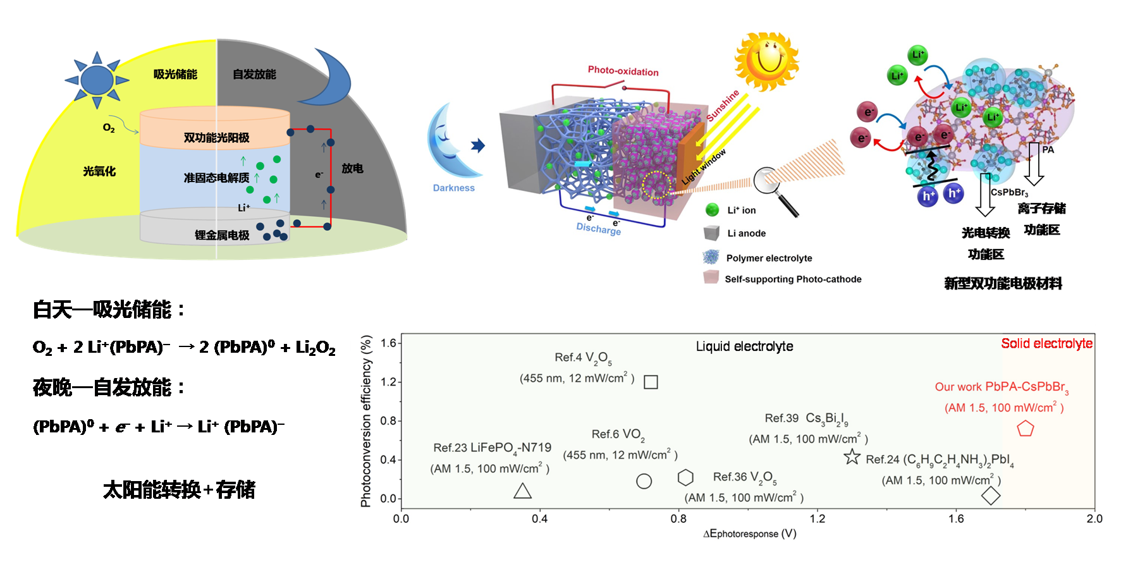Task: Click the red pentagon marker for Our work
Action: click(1025, 429)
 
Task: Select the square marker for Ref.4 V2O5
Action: click(651, 382)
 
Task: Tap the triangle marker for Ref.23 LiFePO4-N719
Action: click(522, 491)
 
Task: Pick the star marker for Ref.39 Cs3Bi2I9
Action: click(852, 456)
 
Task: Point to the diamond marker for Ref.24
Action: click(991, 496)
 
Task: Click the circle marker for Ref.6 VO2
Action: click(644, 481)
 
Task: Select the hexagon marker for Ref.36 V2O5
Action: click(685, 477)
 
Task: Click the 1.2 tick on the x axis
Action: click(817, 518)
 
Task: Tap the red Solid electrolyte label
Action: click(1046, 343)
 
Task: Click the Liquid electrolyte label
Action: click(744, 346)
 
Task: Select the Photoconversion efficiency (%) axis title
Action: click(366, 422)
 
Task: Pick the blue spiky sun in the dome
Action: click(97, 80)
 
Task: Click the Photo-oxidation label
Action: click(623, 71)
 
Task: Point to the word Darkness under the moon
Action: click(453, 188)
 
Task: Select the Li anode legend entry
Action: click(746, 233)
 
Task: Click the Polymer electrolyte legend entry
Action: click(769, 258)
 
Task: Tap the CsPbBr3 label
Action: click(1009, 192)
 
